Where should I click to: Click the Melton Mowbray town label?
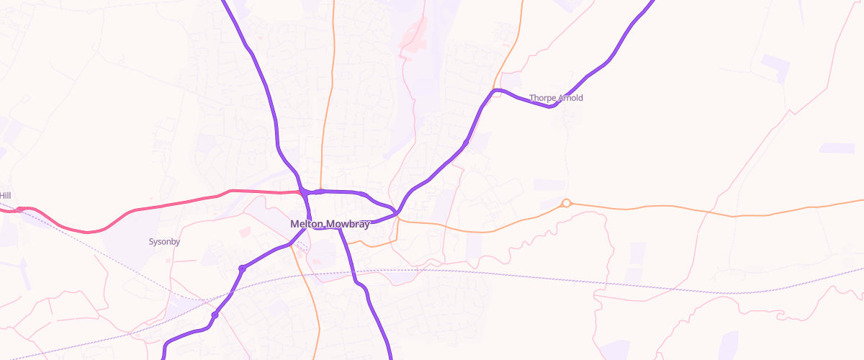coord(330,224)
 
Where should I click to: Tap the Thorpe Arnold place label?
coord(556,98)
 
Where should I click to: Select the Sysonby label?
coord(164,242)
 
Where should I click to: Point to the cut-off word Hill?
coord(5,196)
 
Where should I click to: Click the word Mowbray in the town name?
coord(348,224)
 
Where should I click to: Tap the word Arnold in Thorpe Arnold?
coord(570,98)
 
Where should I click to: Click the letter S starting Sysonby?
coord(151,242)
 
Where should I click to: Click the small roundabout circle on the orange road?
coord(567,203)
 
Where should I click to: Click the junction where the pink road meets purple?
coord(305,193)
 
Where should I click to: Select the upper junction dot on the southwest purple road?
coord(242,269)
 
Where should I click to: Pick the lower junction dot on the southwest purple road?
coord(215,315)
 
